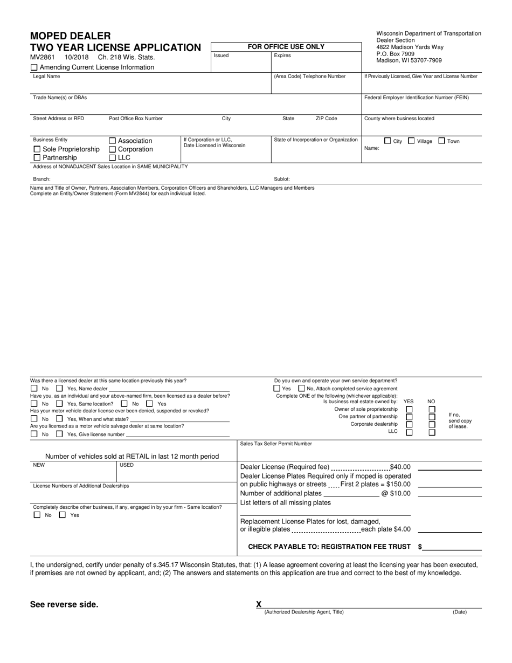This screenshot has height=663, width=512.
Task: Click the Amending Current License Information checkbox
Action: [x=34, y=67]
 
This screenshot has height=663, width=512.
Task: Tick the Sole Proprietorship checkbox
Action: [x=37, y=149]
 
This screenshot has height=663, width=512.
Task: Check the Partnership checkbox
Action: [x=37, y=158]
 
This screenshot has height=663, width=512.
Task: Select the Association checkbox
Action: [x=113, y=141]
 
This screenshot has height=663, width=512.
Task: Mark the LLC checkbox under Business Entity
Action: [x=113, y=158]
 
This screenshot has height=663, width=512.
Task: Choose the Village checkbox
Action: [x=411, y=141]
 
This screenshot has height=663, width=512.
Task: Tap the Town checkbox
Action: [x=441, y=141]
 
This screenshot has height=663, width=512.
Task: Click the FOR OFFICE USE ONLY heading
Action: [x=286, y=47]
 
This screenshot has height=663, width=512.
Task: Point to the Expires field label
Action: [x=282, y=56]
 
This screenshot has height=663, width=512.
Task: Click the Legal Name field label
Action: [x=46, y=77]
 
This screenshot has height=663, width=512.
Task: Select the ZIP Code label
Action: [x=326, y=119]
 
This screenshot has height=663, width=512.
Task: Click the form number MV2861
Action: [x=42, y=57]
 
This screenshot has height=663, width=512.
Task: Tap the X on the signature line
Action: [x=259, y=604]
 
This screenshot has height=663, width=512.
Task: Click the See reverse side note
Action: [x=64, y=604]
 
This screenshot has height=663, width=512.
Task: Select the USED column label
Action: [x=127, y=465]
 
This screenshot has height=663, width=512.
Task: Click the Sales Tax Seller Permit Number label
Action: [x=276, y=444]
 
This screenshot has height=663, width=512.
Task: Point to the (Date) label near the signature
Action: [x=459, y=612]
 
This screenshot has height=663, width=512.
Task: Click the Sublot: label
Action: [x=282, y=179]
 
